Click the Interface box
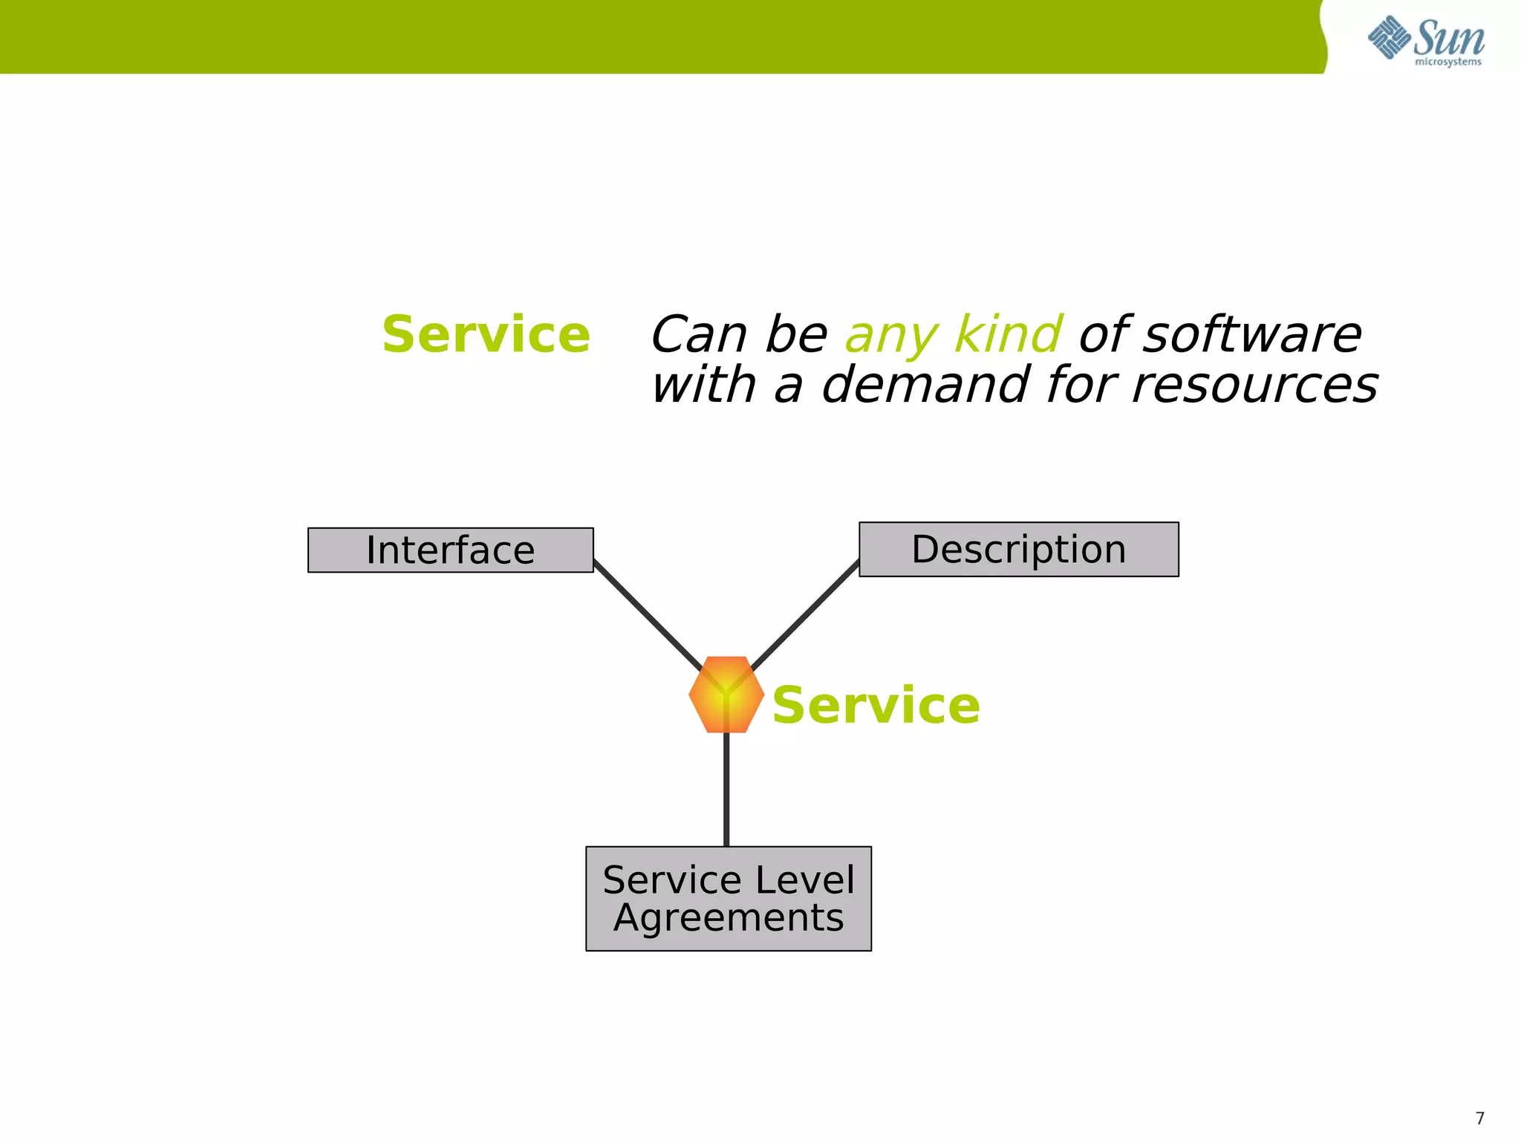click(x=450, y=550)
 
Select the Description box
click(x=1018, y=550)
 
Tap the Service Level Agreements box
click(x=728, y=898)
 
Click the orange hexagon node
click(x=726, y=695)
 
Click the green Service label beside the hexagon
click(x=876, y=705)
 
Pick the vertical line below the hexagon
click(x=726, y=791)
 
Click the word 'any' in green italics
click(x=890, y=336)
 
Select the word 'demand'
click(x=925, y=385)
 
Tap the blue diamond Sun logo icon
click(x=1389, y=37)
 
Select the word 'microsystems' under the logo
click(x=1447, y=62)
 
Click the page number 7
click(x=1479, y=1118)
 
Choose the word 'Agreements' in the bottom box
click(x=728, y=918)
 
